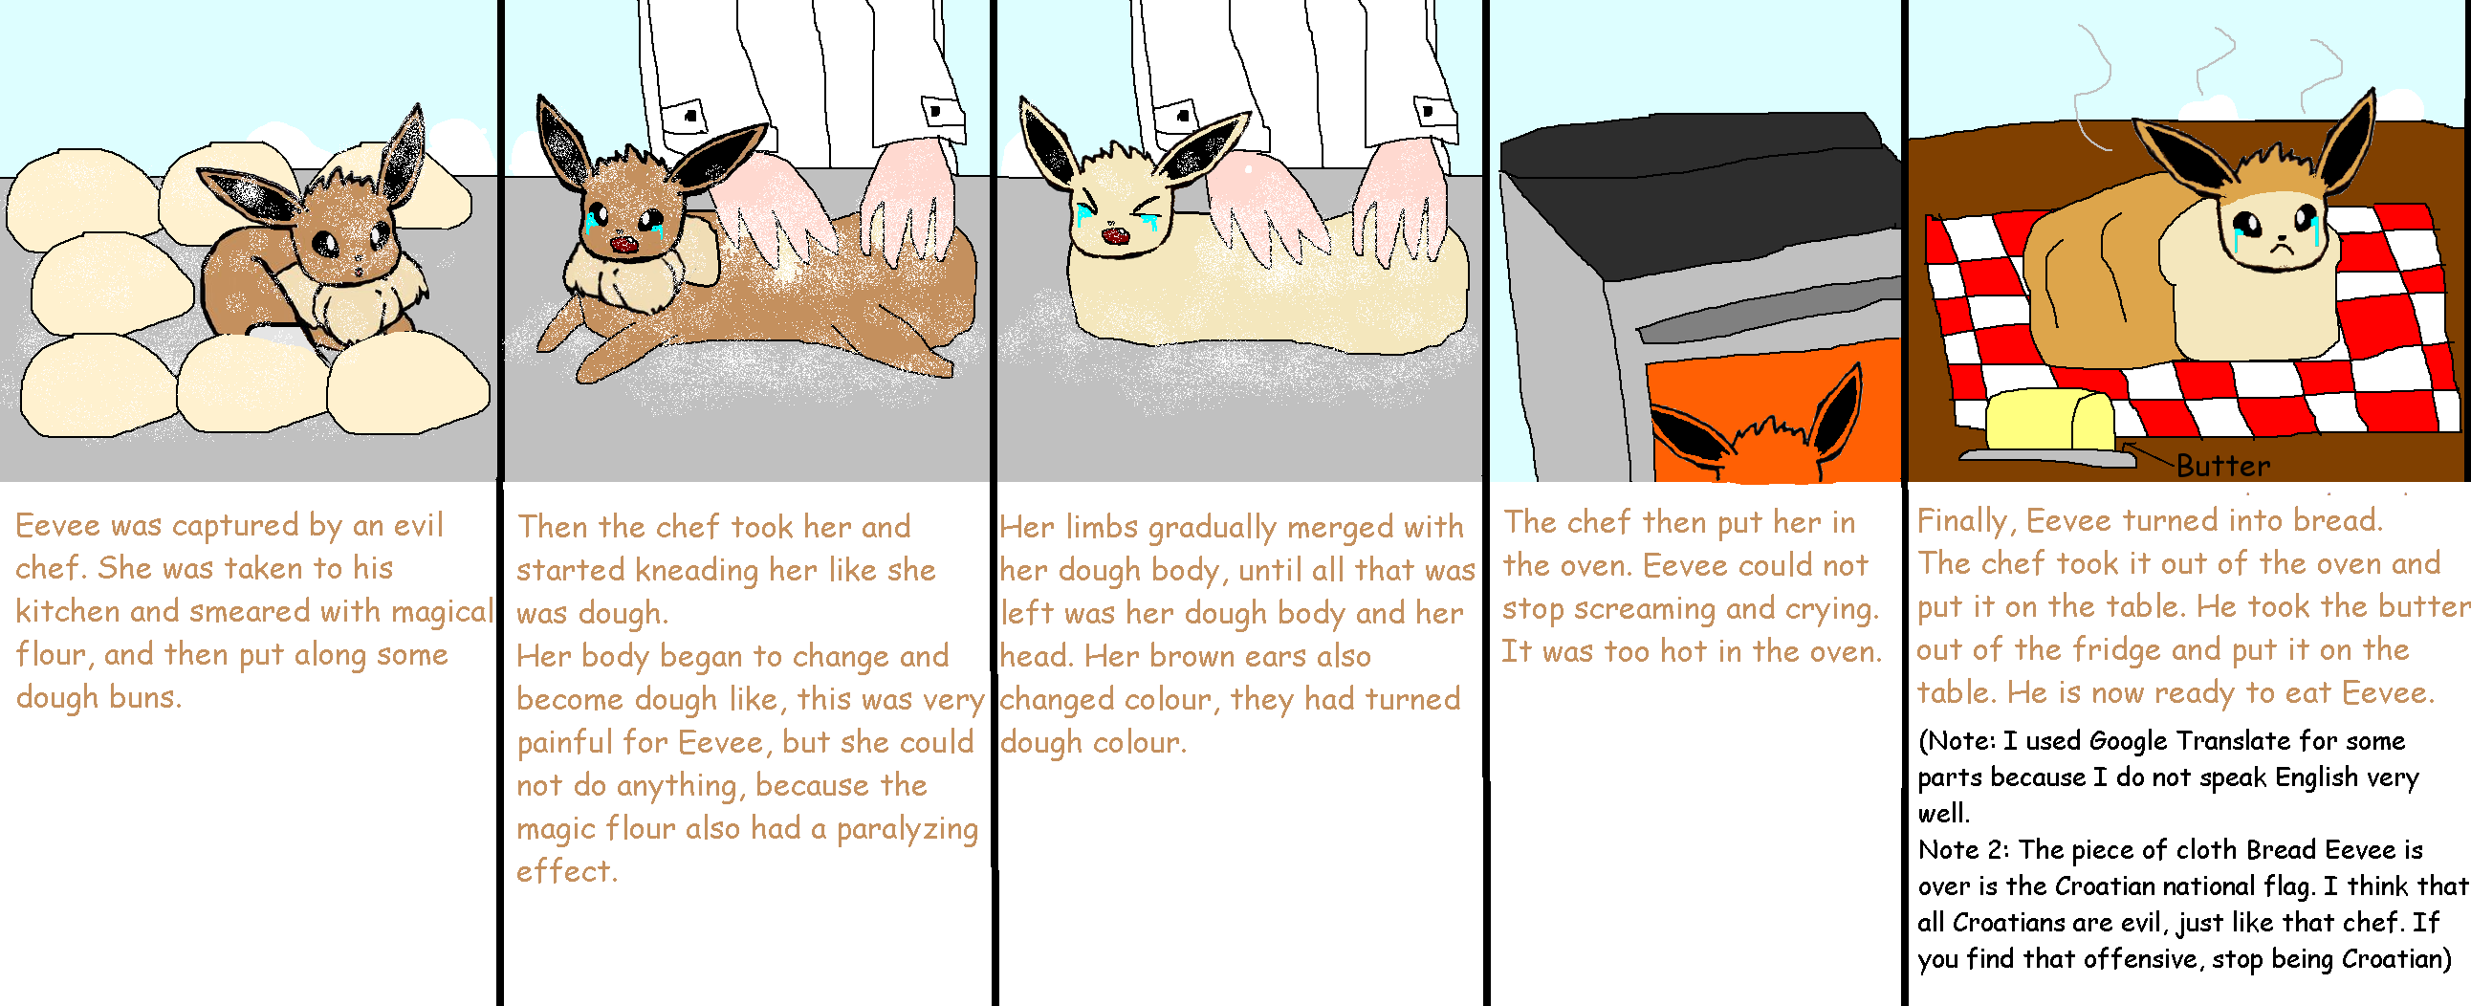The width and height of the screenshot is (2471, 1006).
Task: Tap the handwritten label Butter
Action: pos(2222,466)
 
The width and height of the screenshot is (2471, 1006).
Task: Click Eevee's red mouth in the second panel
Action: pos(625,244)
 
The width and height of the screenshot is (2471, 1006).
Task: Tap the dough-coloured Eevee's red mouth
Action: pos(1114,236)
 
